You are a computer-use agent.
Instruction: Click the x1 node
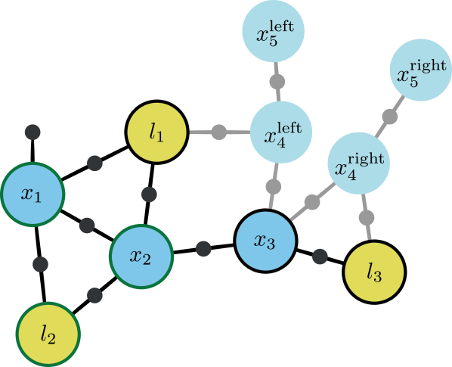(32, 194)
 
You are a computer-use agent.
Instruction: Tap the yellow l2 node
(48, 333)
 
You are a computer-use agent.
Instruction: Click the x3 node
(265, 241)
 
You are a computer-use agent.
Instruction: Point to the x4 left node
(280, 132)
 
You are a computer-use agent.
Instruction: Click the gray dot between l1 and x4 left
(218, 132)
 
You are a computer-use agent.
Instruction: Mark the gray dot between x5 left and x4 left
(277, 81)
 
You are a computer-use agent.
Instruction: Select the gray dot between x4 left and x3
(274, 186)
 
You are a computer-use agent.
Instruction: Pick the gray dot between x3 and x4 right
(311, 202)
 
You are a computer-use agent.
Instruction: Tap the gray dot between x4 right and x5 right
(390, 117)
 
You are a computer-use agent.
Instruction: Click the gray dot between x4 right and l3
(367, 217)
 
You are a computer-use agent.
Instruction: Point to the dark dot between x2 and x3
(203, 247)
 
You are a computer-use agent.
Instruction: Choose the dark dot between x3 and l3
(320, 257)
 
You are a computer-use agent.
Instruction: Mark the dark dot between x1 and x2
(87, 225)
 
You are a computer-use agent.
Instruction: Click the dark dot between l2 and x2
(94, 295)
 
